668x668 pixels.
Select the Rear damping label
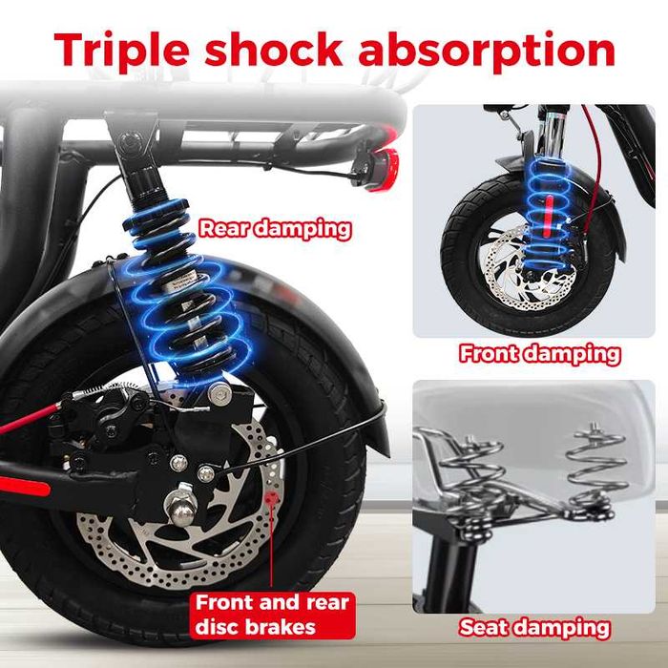pyautogui.click(x=275, y=229)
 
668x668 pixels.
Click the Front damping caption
pyautogui.click(x=540, y=354)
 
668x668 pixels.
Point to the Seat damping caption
pyautogui.click(x=534, y=627)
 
